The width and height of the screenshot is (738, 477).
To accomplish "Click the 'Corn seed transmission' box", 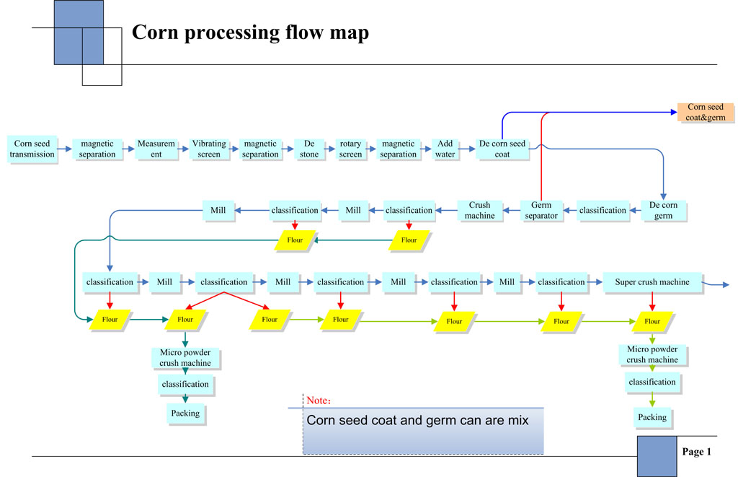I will coord(32,149).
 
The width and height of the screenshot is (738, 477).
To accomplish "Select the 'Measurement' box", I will coord(156,149).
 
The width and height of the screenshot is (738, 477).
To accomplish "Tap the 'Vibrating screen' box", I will coord(209,149).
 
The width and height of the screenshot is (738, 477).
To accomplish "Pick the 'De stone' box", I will coord(309,149).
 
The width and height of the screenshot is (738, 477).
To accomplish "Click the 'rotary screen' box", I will coord(350,149).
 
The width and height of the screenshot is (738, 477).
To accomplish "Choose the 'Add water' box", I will coord(445,149).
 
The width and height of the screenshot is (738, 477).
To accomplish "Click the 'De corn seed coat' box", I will coord(503,149).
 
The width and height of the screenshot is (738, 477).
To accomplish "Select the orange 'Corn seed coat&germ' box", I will coord(706,113).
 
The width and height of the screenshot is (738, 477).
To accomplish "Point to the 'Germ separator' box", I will coord(541,210).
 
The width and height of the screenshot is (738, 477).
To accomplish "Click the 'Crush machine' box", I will coord(480,210).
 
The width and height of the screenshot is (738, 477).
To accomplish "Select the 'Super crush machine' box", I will coord(652,282).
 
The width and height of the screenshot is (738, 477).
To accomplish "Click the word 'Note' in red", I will coord(317,401).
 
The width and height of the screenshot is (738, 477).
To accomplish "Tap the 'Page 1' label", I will coord(696,452).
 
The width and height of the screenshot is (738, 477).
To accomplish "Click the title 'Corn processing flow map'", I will coord(250,33).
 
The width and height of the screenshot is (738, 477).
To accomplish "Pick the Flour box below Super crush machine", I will coord(652,321).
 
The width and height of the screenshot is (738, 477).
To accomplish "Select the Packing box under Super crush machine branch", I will coord(652,417).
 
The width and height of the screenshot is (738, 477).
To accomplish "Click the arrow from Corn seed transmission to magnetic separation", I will coord(63,149).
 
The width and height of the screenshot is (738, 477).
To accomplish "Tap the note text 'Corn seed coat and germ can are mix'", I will coord(417,419).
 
